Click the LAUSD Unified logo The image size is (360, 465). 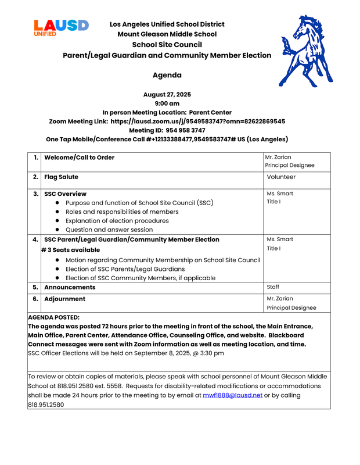point(61,27)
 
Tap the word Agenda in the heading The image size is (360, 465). point(167,75)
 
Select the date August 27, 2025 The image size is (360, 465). point(167,94)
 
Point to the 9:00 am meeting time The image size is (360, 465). point(167,103)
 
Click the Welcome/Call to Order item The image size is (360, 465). point(80,158)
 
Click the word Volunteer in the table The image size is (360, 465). point(281,177)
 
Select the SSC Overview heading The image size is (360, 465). point(66,194)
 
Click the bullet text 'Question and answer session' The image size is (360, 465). point(109,230)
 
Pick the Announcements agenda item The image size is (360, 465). point(70,287)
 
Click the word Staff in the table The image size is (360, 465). point(273,287)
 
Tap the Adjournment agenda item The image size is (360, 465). point(65,299)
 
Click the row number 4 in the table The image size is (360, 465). point(36,239)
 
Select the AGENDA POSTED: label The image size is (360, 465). point(54,317)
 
